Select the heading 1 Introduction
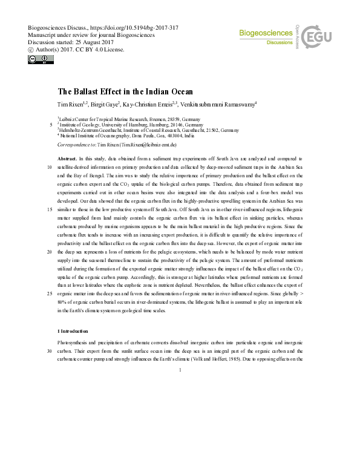click(73, 331)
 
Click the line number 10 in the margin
click(48, 166)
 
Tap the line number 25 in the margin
click(48, 293)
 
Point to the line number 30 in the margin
click(48, 350)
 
